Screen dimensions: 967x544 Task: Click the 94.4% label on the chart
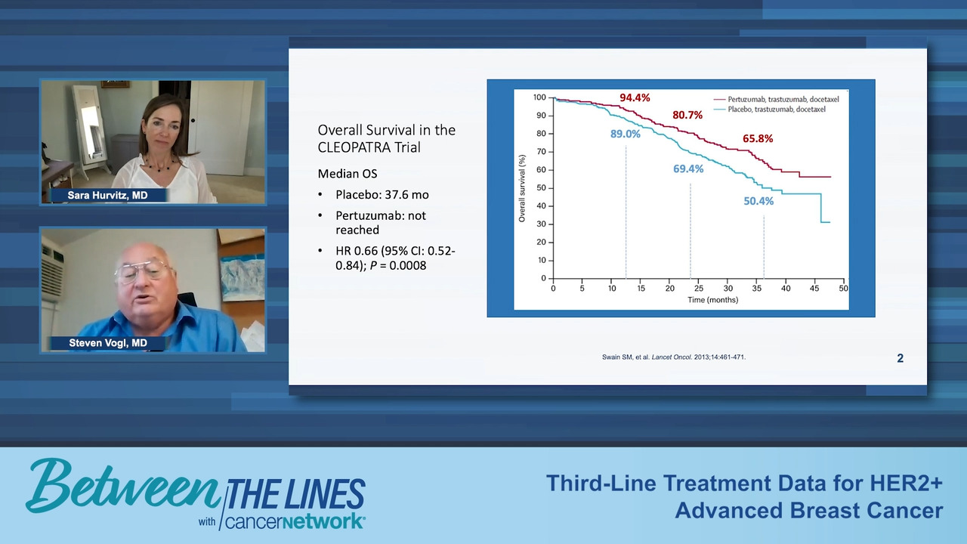pyautogui.click(x=635, y=97)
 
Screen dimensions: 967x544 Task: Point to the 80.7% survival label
pyautogui.click(x=687, y=115)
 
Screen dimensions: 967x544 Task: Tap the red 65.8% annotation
pyautogui.click(x=758, y=138)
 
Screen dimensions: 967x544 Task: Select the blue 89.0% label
pyautogui.click(x=625, y=134)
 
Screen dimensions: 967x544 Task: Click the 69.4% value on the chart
pyautogui.click(x=688, y=168)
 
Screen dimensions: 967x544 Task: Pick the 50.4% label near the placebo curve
pyautogui.click(x=758, y=201)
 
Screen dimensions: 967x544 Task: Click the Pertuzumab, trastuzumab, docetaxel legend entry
pyautogui.click(x=777, y=99)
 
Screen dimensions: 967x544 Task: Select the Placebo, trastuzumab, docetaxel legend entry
pyautogui.click(x=770, y=110)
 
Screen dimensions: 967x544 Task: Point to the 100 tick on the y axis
pyautogui.click(x=539, y=97)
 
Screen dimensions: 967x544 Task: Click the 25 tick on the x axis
pyautogui.click(x=699, y=288)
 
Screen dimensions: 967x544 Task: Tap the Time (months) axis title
pyautogui.click(x=712, y=300)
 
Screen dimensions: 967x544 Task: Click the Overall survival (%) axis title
pyautogui.click(x=522, y=188)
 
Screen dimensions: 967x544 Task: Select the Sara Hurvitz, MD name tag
pyautogui.click(x=107, y=195)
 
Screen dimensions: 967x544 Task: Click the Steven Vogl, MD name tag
pyautogui.click(x=108, y=343)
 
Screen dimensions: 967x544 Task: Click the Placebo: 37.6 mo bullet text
pyautogui.click(x=382, y=195)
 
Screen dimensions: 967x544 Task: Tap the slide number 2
pyautogui.click(x=900, y=358)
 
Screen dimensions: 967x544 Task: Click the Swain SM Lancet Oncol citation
pyautogui.click(x=673, y=357)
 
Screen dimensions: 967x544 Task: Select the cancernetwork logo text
pyautogui.click(x=295, y=521)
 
